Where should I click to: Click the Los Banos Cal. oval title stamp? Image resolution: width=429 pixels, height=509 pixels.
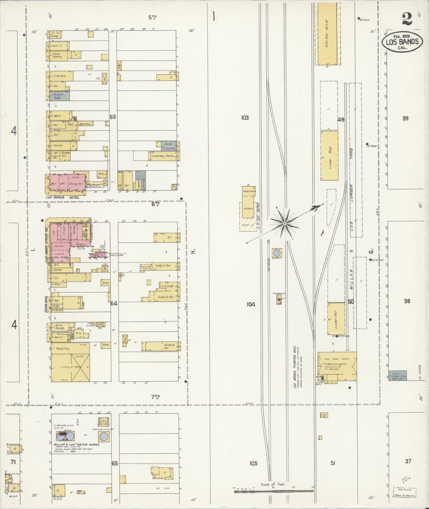(x=402, y=42)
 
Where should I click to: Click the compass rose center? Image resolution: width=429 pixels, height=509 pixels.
(x=285, y=223)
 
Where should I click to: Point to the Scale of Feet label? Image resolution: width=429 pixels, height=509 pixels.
(x=273, y=484)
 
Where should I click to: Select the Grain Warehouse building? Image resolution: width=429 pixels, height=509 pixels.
(x=327, y=33)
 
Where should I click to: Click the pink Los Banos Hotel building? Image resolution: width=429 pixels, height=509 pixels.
(x=68, y=183)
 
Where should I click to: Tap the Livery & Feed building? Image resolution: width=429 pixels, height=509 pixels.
(x=70, y=367)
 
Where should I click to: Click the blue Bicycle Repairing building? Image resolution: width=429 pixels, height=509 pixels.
(x=61, y=96)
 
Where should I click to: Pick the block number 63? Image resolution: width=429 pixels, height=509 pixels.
(x=113, y=117)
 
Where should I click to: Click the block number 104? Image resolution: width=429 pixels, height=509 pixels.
(x=251, y=304)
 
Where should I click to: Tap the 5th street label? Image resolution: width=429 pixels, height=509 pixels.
(x=152, y=18)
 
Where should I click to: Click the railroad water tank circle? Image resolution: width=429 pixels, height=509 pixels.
(x=277, y=253)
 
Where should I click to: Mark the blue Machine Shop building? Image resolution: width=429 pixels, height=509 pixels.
(x=398, y=375)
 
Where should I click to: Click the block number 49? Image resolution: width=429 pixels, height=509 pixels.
(x=341, y=120)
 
